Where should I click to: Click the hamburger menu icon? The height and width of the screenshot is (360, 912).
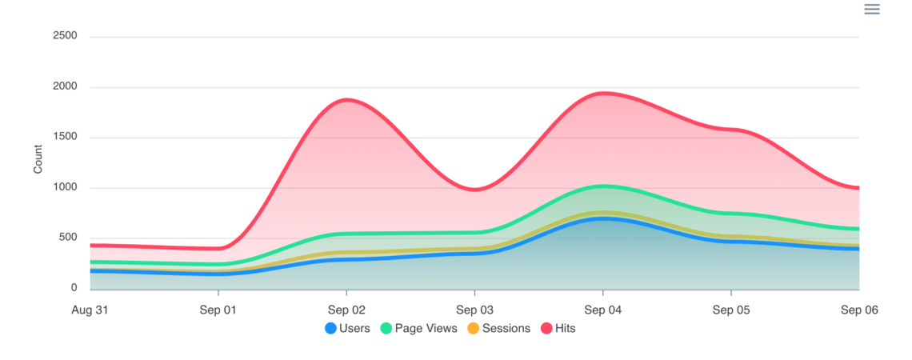[872, 10]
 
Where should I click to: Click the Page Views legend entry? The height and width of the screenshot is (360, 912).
[419, 328]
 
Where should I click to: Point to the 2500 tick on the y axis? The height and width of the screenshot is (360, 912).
[64, 36]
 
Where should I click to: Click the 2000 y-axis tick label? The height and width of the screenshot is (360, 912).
[64, 86]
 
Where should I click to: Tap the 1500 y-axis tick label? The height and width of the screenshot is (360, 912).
[64, 137]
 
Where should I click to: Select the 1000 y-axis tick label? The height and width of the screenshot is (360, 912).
[64, 187]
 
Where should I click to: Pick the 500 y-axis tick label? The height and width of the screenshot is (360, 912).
[67, 238]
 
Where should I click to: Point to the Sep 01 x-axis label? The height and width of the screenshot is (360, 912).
[218, 310]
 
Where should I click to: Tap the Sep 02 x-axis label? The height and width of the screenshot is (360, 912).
[346, 310]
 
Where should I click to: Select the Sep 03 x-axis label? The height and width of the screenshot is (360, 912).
[475, 310]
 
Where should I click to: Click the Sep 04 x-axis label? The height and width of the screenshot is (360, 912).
[603, 310]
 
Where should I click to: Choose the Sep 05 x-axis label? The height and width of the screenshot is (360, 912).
[731, 310]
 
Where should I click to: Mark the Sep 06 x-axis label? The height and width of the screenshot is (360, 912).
[859, 310]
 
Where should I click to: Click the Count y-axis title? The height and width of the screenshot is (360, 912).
[38, 159]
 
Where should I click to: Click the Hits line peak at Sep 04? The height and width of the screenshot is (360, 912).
[603, 93]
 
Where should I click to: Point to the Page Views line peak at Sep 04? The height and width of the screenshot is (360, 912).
[603, 186]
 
